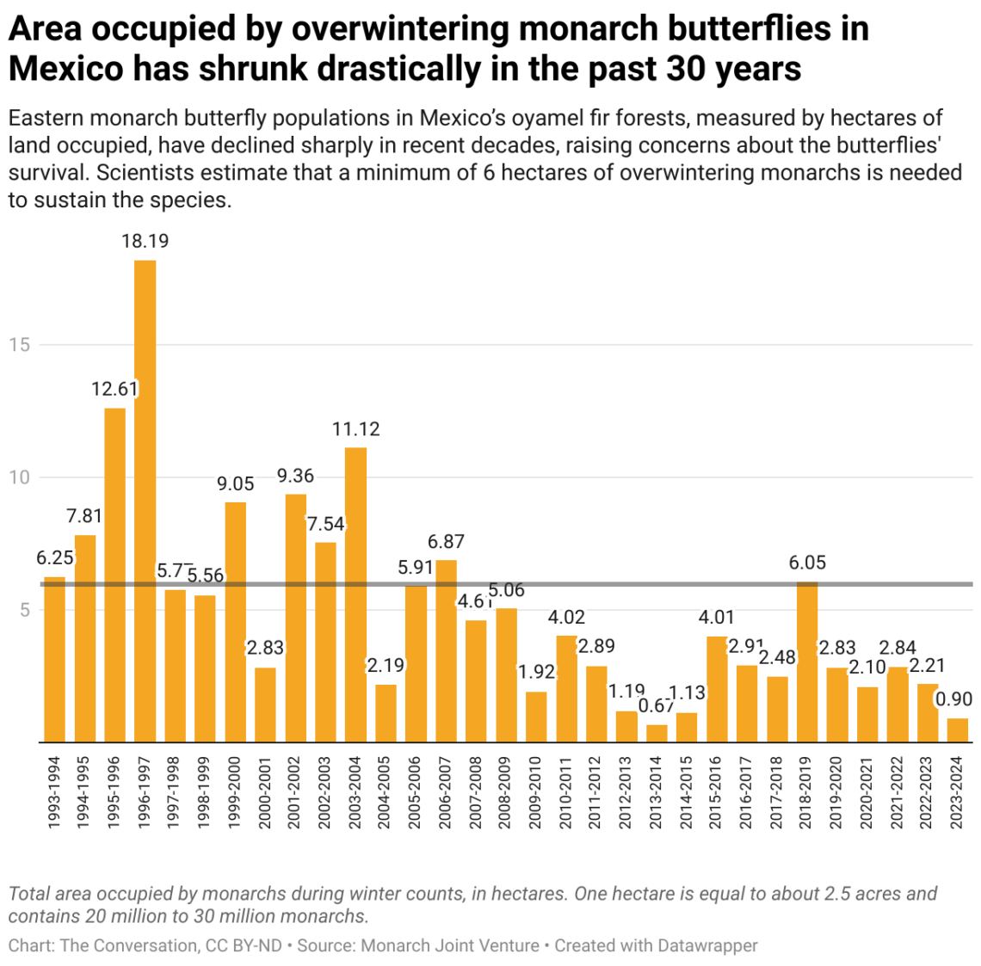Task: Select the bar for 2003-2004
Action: point(355,594)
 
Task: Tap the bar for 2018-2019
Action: point(807,661)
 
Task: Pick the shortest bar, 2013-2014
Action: point(657,733)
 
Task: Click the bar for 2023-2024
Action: point(958,730)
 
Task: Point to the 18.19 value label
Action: point(145,241)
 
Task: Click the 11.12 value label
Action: point(355,428)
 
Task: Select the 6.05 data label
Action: point(807,563)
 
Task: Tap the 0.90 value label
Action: point(953,699)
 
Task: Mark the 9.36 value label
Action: point(295,476)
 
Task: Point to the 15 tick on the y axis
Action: point(19,344)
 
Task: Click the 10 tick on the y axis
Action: point(19,477)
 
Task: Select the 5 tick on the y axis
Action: point(25,610)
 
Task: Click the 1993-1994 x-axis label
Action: point(55,793)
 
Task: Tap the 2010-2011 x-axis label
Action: point(566,793)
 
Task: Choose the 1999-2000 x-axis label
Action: point(235,793)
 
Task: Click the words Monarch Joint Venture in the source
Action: point(450,945)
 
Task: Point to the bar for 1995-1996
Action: point(114,575)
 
